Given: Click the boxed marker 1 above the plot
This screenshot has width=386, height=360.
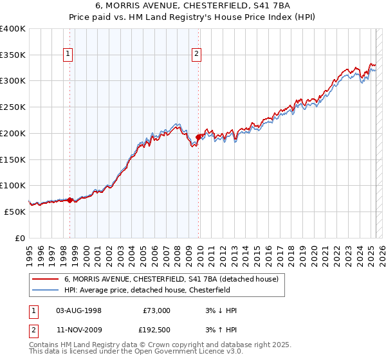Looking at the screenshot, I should [x=68, y=55].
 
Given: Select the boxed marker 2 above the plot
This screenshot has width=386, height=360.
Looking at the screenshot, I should [x=196, y=55].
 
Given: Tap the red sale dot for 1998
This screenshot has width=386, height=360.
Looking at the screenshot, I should [x=70, y=200].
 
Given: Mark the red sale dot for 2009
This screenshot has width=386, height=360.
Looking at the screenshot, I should [x=198, y=136].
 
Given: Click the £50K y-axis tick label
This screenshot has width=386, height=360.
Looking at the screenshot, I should [x=15, y=212].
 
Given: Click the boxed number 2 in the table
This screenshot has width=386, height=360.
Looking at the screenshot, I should [x=33, y=330].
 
